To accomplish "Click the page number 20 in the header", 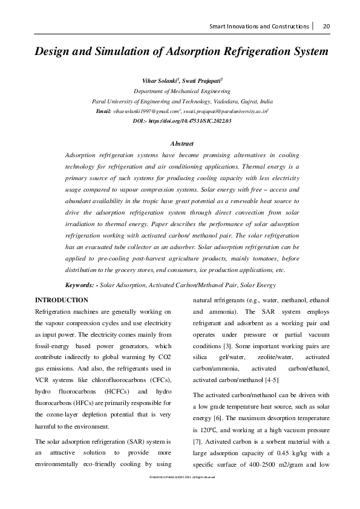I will (326, 26).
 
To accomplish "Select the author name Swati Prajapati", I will (203, 80).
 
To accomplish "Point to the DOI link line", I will (182, 122).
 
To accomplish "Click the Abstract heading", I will (182, 144).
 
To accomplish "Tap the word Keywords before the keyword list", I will (80, 285).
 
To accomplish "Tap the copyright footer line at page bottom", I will (180, 494).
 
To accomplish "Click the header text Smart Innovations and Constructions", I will (260, 26).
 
